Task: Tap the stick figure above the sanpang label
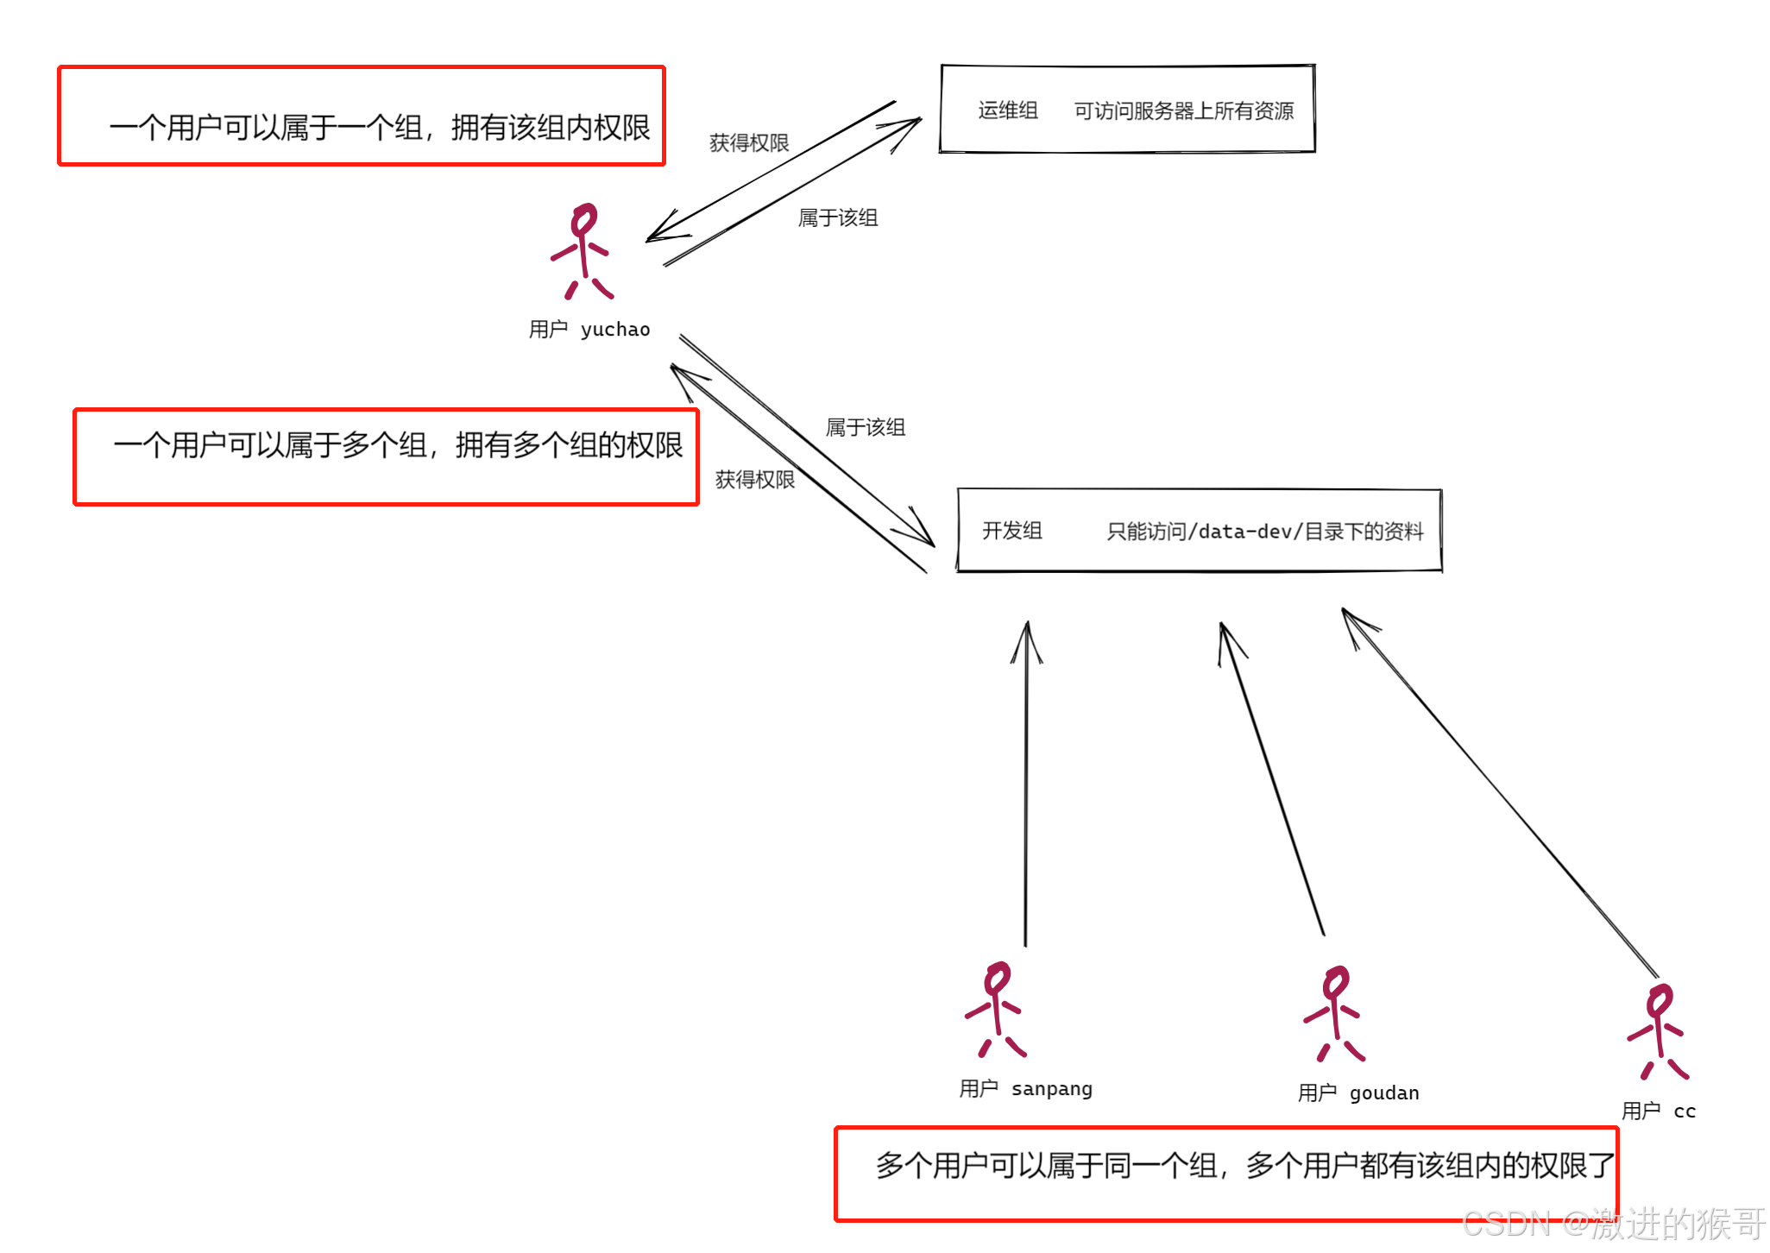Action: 996,1010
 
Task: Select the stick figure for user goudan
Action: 1334,1014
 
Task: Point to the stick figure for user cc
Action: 1658,1032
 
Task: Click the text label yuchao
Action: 615,330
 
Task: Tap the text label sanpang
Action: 1051,1089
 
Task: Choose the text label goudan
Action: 1383,1093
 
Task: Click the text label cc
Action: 1684,1111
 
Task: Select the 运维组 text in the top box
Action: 1007,110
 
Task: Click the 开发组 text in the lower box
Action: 1011,531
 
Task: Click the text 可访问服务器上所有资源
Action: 1183,111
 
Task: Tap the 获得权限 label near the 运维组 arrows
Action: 748,143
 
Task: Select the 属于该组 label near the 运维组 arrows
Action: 837,218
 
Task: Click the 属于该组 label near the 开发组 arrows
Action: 865,428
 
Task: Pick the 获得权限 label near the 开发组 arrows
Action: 754,480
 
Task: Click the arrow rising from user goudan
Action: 1271,777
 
